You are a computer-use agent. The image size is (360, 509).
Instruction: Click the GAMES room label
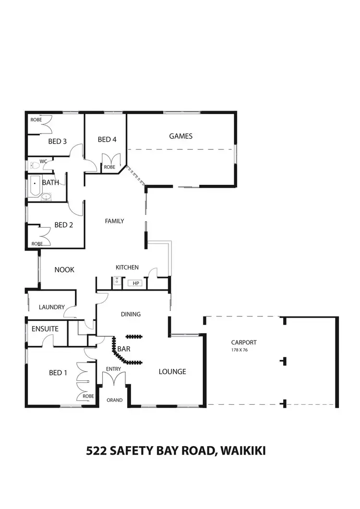tap(180, 136)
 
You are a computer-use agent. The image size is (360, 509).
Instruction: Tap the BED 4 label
tap(107, 139)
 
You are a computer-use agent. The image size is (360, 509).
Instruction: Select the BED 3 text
tap(57, 141)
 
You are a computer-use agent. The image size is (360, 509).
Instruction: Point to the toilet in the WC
tap(34, 166)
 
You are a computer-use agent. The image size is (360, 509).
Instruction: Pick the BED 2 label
tap(63, 225)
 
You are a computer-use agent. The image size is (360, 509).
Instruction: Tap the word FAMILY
tap(115, 221)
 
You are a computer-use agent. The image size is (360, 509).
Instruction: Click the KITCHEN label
tap(127, 267)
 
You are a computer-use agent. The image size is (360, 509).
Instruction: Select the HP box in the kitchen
tap(136, 284)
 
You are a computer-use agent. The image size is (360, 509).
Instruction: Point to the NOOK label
tap(64, 270)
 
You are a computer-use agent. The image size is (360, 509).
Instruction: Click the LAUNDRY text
tap(52, 307)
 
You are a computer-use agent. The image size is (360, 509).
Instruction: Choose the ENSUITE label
tap(45, 329)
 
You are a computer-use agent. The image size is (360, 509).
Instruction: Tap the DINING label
tap(131, 315)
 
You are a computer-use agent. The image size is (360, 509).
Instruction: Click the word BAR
tap(124, 349)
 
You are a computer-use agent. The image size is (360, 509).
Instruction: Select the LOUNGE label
tap(172, 372)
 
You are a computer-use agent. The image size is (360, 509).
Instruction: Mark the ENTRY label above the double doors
tap(114, 369)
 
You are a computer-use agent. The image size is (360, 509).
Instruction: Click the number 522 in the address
tap(96, 451)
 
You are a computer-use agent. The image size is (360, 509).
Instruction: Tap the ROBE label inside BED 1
tap(88, 396)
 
